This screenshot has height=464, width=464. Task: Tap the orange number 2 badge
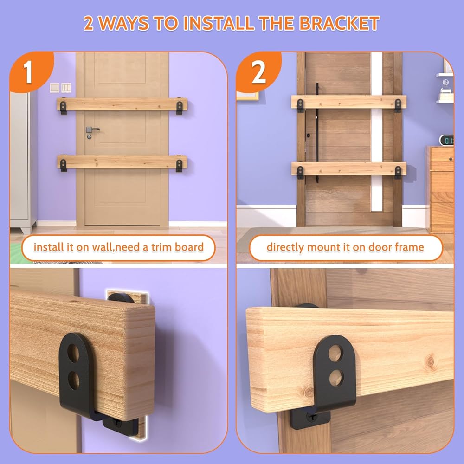[x=258, y=71]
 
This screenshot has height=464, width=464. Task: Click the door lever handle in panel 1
[x=92, y=129]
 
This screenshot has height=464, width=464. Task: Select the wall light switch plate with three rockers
[x=66, y=88]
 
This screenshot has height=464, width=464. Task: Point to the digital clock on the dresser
[x=446, y=140]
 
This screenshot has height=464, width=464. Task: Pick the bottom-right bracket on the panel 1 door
[x=179, y=165]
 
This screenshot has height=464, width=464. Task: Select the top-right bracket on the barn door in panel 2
[x=398, y=105]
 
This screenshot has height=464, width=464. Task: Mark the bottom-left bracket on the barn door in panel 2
[x=300, y=172]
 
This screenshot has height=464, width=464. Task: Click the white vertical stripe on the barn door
[x=377, y=132]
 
